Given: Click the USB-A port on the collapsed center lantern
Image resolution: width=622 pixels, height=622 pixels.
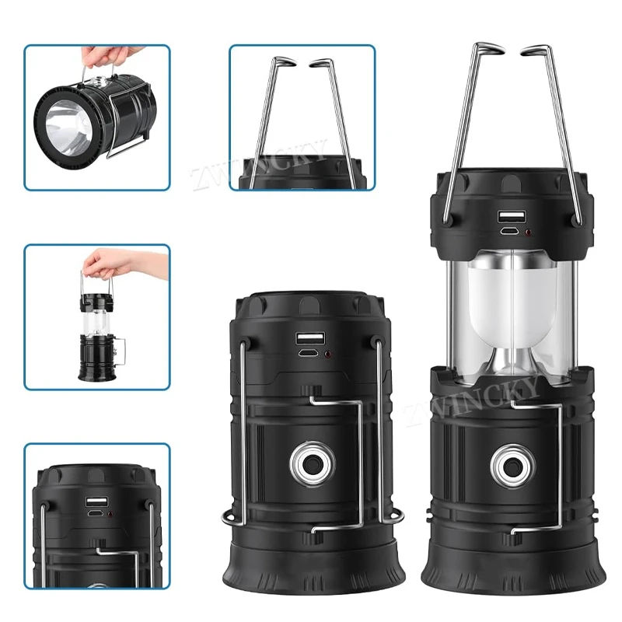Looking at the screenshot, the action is pyautogui.click(x=310, y=339).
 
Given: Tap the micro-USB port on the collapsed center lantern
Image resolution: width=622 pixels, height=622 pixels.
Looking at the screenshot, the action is pyautogui.click(x=307, y=352).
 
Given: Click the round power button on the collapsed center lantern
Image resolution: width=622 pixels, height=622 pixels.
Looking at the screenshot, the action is pyautogui.click(x=313, y=463).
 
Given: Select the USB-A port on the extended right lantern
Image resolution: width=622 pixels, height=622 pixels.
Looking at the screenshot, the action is pyautogui.click(x=512, y=217).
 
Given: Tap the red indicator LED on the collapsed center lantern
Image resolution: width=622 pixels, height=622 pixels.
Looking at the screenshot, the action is pyautogui.click(x=327, y=354).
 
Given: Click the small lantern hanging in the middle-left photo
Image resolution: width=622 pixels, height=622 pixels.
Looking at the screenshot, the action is pyautogui.click(x=100, y=337).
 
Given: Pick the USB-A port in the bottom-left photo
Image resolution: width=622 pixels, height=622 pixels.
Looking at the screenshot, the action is pyautogui.click(x=97, y=501).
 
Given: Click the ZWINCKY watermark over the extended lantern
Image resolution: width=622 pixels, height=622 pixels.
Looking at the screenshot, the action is pyautogui.click(x=472, y=400).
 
